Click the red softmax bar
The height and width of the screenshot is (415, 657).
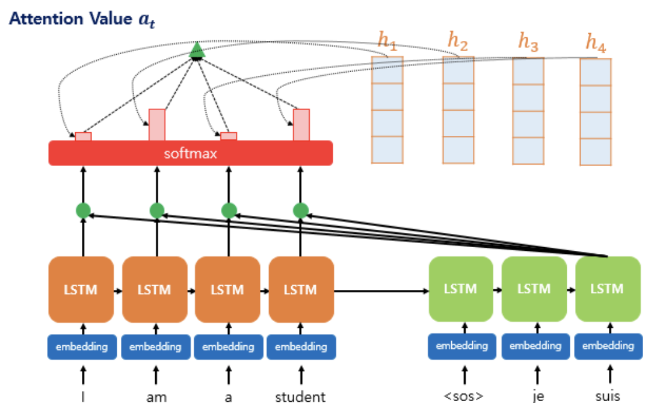click(190, 153)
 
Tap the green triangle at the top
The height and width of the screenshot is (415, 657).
click(197, 52)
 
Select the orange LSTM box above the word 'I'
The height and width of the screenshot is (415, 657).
click(81, 289)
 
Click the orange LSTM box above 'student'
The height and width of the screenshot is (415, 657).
click(301, 289)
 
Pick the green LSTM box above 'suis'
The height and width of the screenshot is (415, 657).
click(608, 289)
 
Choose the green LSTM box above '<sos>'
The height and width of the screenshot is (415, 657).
click(461, 289)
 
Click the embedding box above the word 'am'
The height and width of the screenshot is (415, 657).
click(156, 346)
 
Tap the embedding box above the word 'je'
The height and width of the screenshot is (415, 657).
click(535, 346)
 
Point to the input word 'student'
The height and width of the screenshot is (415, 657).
click(300, 397)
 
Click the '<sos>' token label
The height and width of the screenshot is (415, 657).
click(463, 397)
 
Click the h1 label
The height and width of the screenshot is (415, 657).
click(387, 41)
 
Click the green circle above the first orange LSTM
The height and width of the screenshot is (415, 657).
click(83, 211)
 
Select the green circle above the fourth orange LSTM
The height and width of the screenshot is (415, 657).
click(301, 211)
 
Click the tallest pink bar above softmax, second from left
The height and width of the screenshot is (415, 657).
click(156, 124)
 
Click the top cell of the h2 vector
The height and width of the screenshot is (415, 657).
click(458, 70)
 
